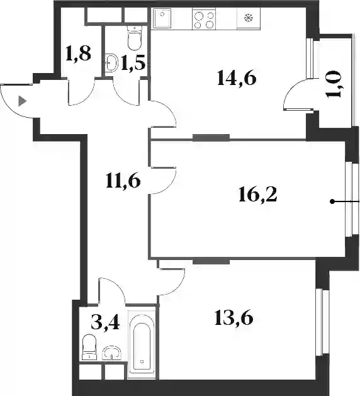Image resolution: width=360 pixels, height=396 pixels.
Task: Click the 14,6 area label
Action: [236, 78]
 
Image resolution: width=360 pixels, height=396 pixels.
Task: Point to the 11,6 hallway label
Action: [123, 181]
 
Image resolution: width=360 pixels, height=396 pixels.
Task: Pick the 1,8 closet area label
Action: [78, 54]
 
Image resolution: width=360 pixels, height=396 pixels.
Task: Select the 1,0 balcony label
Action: [334, 84]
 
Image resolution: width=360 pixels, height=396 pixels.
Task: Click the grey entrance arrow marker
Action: [22, 101]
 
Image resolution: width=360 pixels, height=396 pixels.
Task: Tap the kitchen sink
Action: [161, 18]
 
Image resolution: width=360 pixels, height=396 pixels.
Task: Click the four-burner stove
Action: [204, 19]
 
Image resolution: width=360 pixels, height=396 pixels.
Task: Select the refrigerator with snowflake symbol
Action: [249, 19]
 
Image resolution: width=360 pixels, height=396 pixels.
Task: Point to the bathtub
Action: [141, 344]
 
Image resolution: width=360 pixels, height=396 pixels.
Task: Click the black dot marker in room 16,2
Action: [332, 201]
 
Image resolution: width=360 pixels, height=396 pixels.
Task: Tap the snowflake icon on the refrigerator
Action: [249, 18]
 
